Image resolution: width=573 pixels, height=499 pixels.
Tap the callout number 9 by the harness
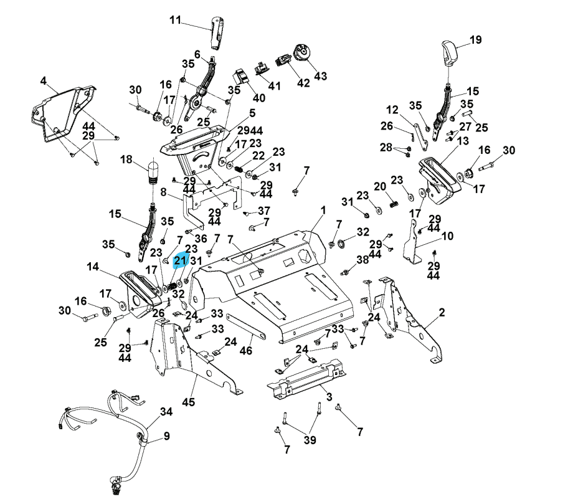(x=167, y=436)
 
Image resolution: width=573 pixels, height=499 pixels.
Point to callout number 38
(x=362, y=259)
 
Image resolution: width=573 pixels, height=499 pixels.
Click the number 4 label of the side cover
(x=43, y=80)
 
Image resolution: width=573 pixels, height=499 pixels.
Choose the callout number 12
(x=392, y=110)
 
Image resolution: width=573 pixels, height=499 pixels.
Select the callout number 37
(x=264, y=210)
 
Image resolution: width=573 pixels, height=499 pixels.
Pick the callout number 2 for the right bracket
(x=442, y=312)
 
